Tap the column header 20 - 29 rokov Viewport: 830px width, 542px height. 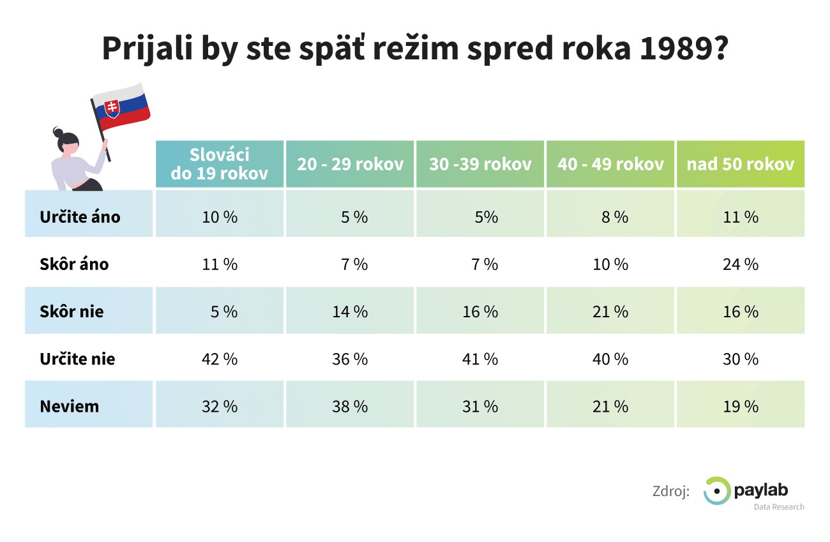pos(351,164)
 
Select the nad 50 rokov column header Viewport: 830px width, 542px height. pos(741,164)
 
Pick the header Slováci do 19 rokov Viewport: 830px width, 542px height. pos(219,164)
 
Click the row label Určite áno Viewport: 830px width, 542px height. pos(80,217)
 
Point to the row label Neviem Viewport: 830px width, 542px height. pos(69,406)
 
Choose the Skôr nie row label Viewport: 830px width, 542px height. pos(72,312)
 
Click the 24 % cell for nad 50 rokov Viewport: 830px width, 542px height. pos(741,264)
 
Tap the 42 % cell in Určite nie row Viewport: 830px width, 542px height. pos(220,359)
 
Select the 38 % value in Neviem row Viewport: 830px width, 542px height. pos(350,406)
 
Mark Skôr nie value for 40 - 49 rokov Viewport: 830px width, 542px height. pos(610,312)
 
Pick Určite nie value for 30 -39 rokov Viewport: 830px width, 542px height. pos(480,359)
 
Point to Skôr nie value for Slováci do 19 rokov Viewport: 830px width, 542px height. pos(223,312)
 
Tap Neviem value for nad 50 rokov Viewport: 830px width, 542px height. pos(741,406)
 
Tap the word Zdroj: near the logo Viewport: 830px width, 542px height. pos(670,492)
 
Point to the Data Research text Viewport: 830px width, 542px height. pos(778,507)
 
